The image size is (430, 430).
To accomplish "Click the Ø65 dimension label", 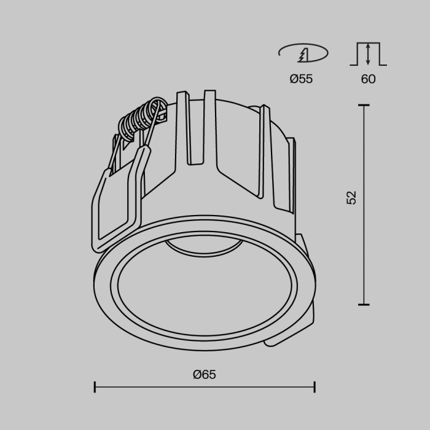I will (204, 374).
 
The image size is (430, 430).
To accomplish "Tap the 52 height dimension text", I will (351, 197).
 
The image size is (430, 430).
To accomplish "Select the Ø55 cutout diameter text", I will (301, 79).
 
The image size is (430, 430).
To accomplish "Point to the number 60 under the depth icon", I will (368, 79).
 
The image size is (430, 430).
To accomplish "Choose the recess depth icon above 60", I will (368, 54).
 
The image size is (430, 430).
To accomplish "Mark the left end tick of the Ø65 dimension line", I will (95, 387).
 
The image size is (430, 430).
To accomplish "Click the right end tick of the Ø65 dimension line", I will (315, 387).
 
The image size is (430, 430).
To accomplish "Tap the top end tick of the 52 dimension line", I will (364, 106).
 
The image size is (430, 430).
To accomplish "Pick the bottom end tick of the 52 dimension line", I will (364, 304).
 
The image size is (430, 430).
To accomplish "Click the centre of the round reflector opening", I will (203, 289).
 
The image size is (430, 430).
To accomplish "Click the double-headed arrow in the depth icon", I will (368, 54).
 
